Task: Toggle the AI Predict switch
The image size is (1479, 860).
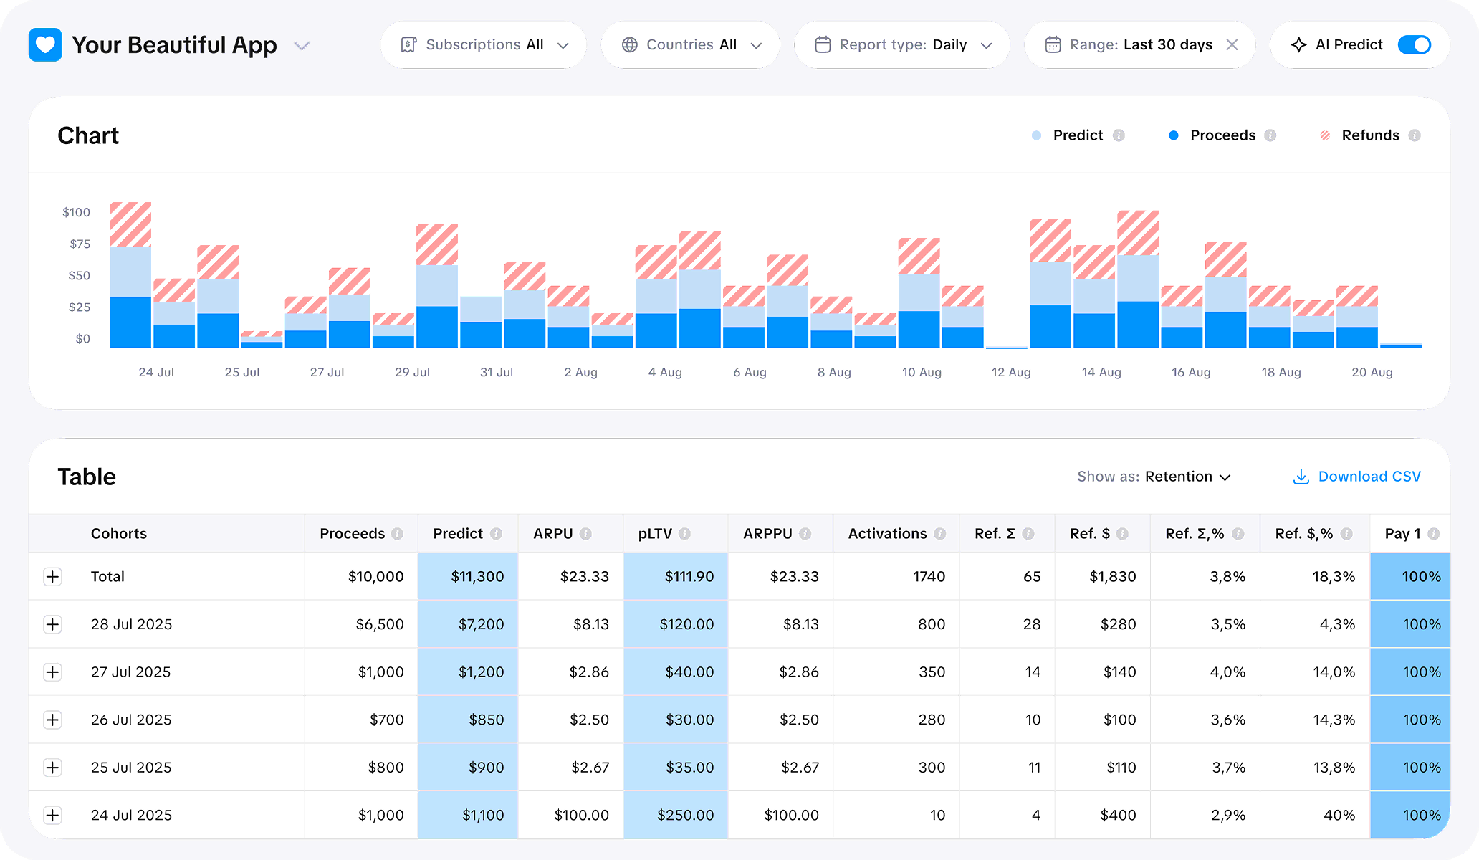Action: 1414,45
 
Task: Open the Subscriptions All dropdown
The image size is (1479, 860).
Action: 484,45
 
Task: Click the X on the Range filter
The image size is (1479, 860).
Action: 1232,45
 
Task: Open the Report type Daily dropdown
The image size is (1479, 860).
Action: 902,45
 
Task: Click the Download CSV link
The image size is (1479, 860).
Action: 1356,477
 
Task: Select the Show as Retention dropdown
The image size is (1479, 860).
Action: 1154,477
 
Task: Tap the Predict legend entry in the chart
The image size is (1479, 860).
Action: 1077,135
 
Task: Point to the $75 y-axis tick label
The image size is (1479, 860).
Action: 80,244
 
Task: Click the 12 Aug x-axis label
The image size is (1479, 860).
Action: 1010,372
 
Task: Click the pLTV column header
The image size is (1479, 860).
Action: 655,534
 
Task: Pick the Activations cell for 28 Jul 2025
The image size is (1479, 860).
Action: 931,624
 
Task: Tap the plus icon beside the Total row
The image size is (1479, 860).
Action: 52,577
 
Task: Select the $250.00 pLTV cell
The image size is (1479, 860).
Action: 685,815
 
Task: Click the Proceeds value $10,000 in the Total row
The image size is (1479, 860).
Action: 375,577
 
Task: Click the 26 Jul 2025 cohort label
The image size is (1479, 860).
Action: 131,720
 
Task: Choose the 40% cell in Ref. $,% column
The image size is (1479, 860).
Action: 1339,815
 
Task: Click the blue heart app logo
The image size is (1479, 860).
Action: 45,45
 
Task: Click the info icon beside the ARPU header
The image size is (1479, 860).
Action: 585,534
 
